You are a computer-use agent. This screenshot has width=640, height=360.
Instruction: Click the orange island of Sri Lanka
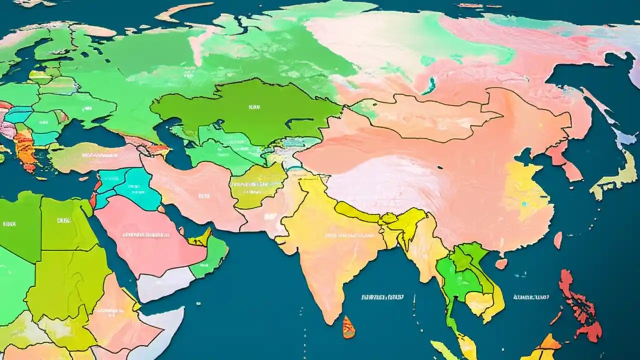point(348,327)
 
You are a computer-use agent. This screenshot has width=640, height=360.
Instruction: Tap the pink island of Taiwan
point(557,240)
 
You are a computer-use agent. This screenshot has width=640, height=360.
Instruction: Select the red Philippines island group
point(580,305)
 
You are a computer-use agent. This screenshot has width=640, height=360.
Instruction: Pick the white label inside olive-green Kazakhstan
point(250,106)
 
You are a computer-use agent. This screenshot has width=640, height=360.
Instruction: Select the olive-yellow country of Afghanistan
point(257,185)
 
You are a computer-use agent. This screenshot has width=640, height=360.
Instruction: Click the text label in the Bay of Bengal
point(382,297)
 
